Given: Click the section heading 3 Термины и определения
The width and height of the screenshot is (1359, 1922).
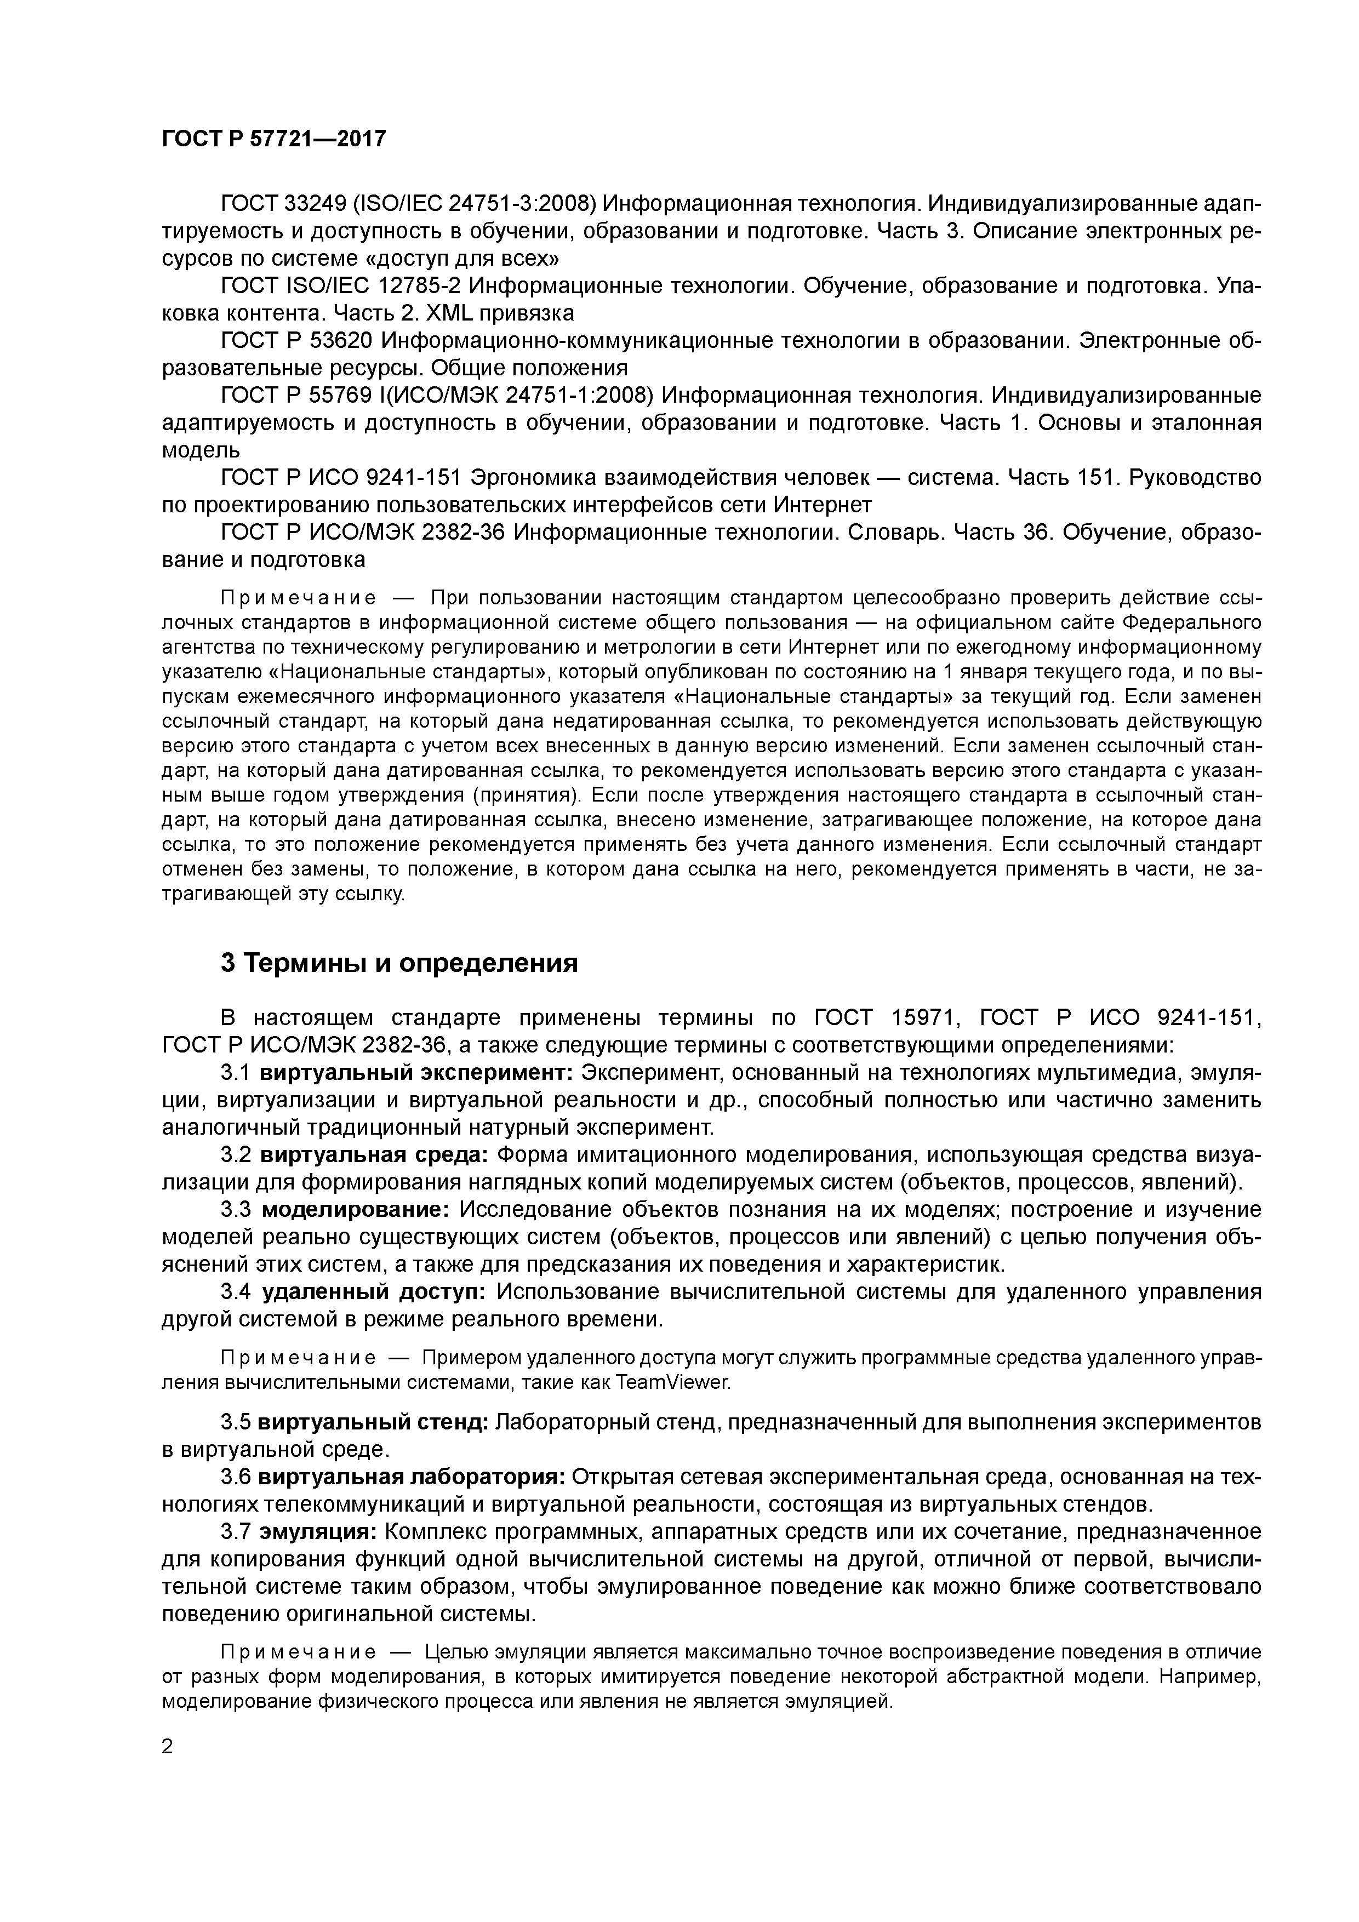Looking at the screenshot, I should (x=399, y=964).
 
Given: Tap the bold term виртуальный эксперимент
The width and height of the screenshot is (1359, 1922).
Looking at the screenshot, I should (x=415, y=1073).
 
